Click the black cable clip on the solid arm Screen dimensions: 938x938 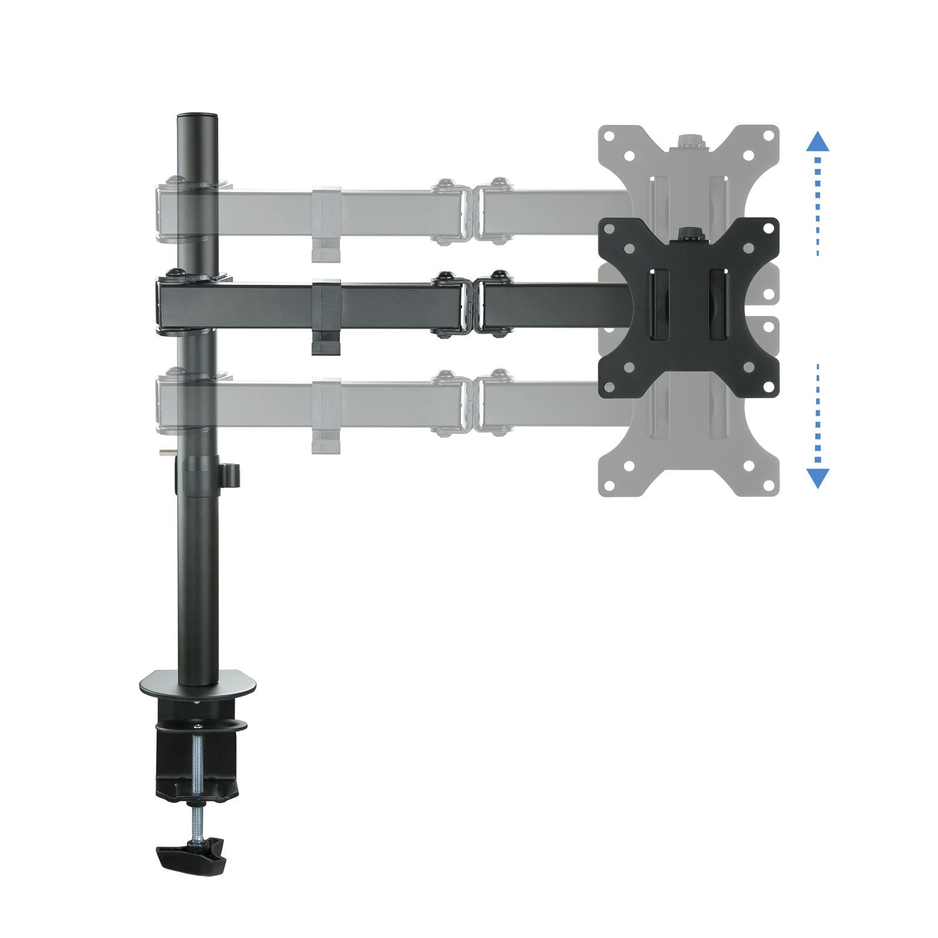(x=326, y=317)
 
